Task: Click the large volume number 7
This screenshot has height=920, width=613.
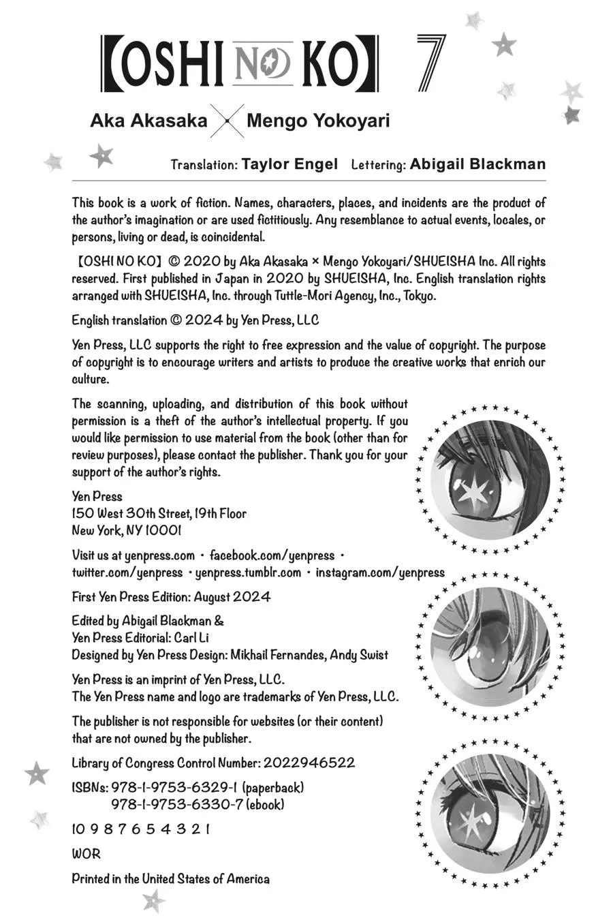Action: [x=430, y=63]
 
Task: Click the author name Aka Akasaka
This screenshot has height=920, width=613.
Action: [x=148, y=121]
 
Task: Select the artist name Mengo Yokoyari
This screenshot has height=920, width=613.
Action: [x=318, y=121]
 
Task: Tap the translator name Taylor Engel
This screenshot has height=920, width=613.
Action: [x=289, y=164]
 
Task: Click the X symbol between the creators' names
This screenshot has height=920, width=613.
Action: [x=226, y=122]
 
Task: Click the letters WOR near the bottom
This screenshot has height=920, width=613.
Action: [x=86, y=854]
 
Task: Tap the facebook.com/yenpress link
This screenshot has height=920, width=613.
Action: [x=272, y=555]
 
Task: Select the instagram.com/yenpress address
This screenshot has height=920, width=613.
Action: [x=379, y=572]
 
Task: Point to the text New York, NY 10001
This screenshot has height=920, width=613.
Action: [x=127, y=530]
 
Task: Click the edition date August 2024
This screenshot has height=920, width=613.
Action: [x=232, y=597]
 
